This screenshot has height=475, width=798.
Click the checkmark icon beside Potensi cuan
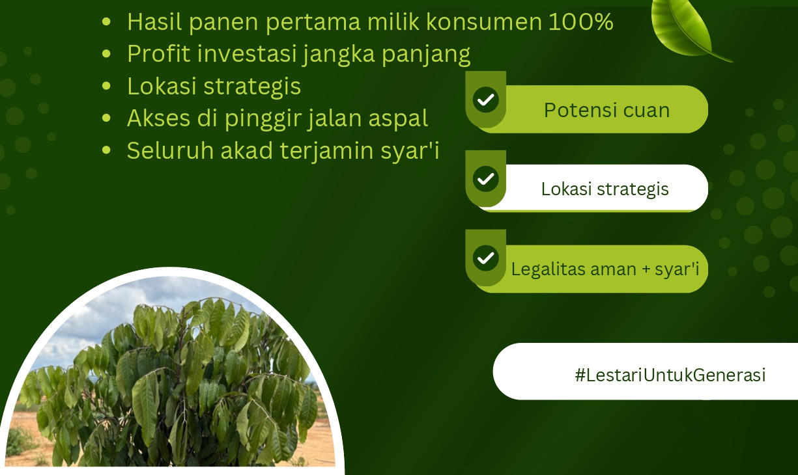(485, 100)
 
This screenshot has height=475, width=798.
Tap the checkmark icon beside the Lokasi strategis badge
(485, 179)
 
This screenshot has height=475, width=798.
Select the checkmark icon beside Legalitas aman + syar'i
(485, 258)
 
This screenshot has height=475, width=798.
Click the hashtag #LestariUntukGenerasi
(670, 375)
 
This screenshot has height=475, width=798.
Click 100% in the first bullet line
(580, 22)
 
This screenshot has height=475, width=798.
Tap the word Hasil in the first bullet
(154, 22)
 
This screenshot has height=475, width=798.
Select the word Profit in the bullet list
(159, 54)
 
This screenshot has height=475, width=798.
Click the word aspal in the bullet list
(398, 119)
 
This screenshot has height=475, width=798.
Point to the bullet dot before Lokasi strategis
(106, 86)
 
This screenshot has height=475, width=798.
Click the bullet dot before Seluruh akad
(106, 150)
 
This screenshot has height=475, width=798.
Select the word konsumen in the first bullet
(484, 22)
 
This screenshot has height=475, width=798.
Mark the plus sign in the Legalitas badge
(646, 269)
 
